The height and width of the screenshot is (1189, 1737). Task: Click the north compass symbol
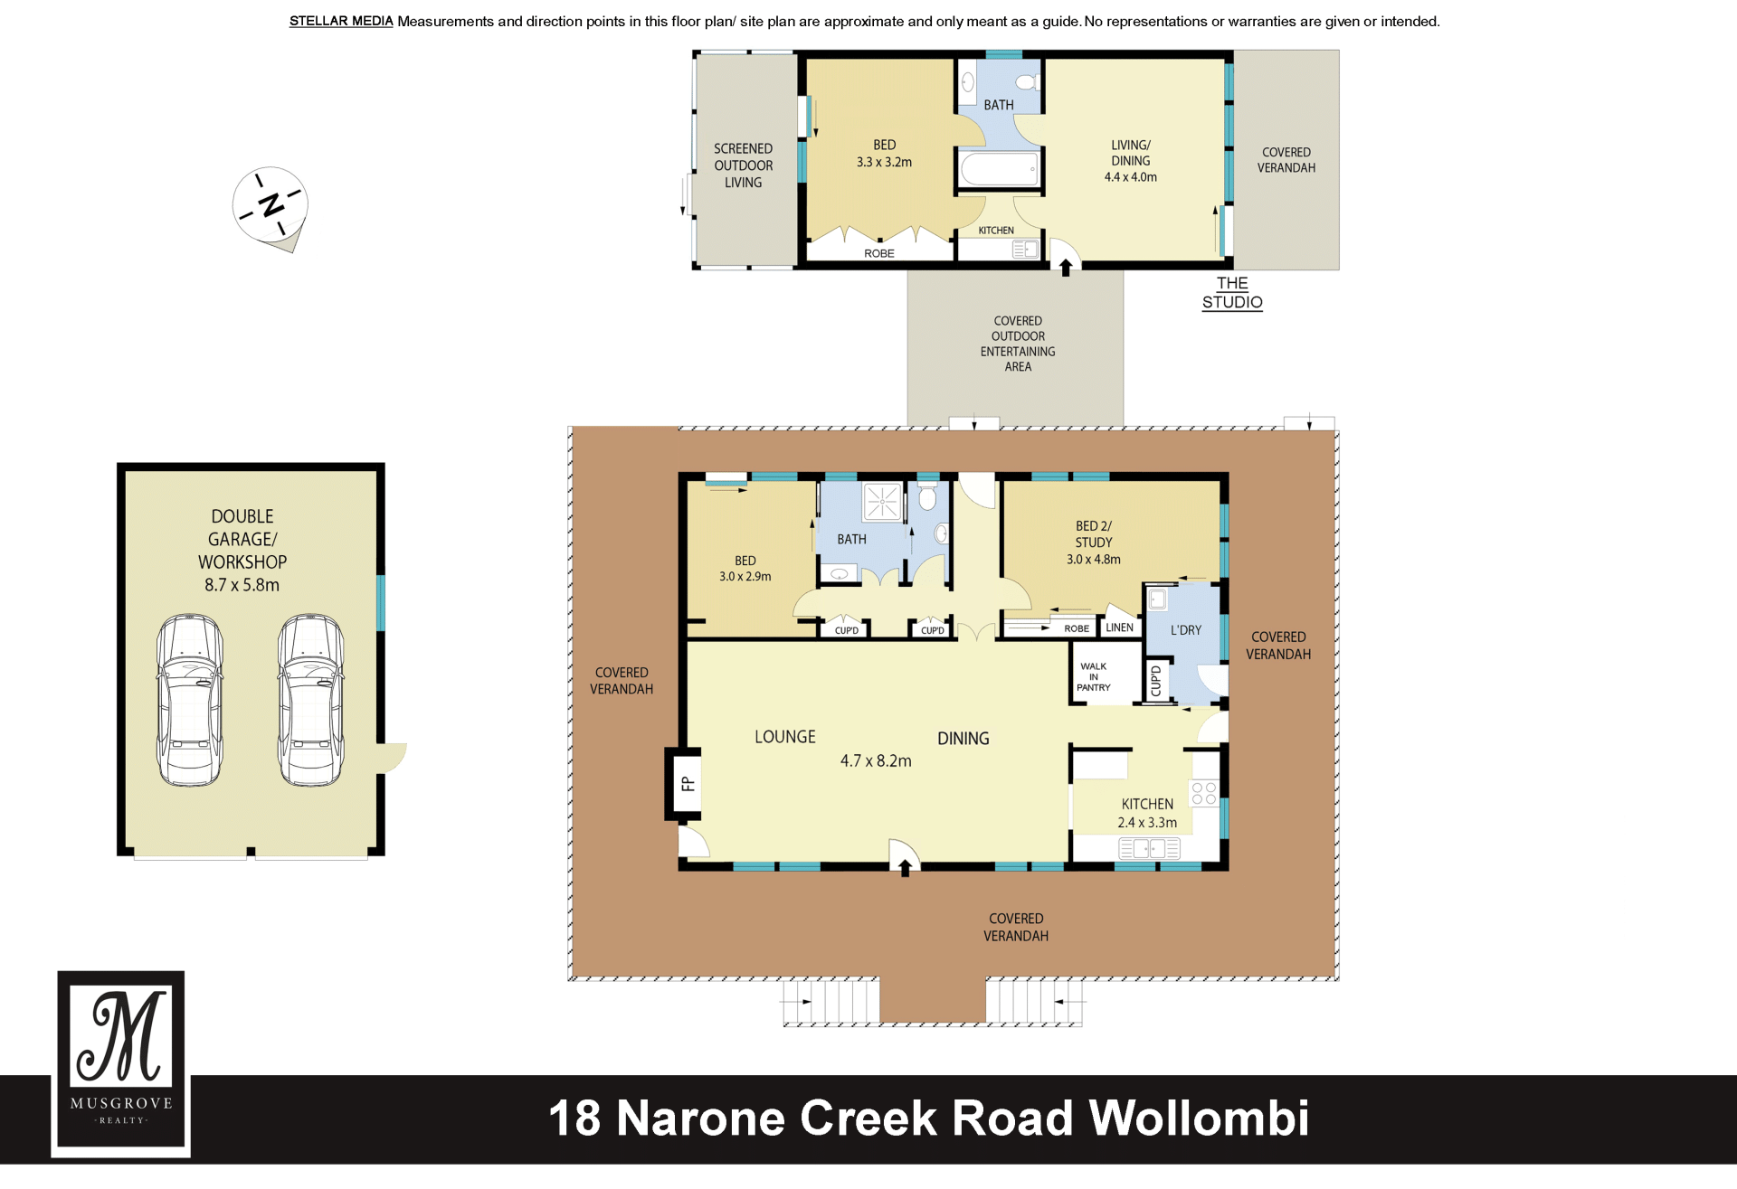(270, 206)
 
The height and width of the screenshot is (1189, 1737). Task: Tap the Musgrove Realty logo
(121, 1063)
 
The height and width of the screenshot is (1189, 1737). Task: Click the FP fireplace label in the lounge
(688, 784)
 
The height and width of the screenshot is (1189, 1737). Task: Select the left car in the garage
(190, 700)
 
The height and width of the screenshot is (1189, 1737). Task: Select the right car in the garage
(311, 700)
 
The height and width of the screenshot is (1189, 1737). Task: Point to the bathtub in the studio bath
(999, 169)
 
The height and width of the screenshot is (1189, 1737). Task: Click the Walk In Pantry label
(1094, 677)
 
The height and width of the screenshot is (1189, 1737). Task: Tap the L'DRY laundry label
(1186, 630)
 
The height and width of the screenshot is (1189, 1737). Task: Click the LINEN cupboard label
(1119, 628)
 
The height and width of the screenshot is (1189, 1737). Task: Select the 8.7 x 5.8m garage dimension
(242, 585)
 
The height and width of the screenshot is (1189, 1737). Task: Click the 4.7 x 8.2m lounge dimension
(876, 761)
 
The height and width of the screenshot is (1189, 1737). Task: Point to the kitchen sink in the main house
(1150, 848)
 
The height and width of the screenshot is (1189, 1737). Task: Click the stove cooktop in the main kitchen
(1204, 793)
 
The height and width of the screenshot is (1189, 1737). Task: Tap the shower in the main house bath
(882, 502)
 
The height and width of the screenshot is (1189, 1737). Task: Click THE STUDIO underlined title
(1232, 293)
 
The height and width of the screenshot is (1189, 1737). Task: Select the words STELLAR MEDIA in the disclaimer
(341, 22)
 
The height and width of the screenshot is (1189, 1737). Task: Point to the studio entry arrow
(1066, 268)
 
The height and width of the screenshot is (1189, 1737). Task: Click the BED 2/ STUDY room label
(1094, 534)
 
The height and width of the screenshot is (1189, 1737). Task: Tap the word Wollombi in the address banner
(1199, 1118)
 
